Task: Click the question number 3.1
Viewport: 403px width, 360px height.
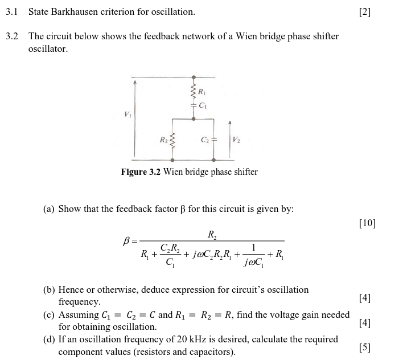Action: [x=12, y=11]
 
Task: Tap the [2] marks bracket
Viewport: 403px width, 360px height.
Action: [x=365, y=12]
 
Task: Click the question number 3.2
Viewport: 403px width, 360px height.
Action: [x=12, y=36]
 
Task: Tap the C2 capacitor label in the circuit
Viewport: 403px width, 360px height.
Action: [x=205, y=139]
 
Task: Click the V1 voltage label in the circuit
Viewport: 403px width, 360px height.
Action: [x=128, y=114]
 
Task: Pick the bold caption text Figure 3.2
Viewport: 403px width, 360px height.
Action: [x=141, y=172]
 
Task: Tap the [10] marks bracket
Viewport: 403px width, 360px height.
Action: [x=367, y=223]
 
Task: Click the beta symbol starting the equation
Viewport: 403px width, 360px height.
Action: [x=128, y=241]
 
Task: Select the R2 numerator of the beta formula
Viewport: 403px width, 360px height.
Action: [x=212, y=234]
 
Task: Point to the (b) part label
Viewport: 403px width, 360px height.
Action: [x=49, y=290]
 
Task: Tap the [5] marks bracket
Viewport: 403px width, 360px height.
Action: [x=365, y=347]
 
